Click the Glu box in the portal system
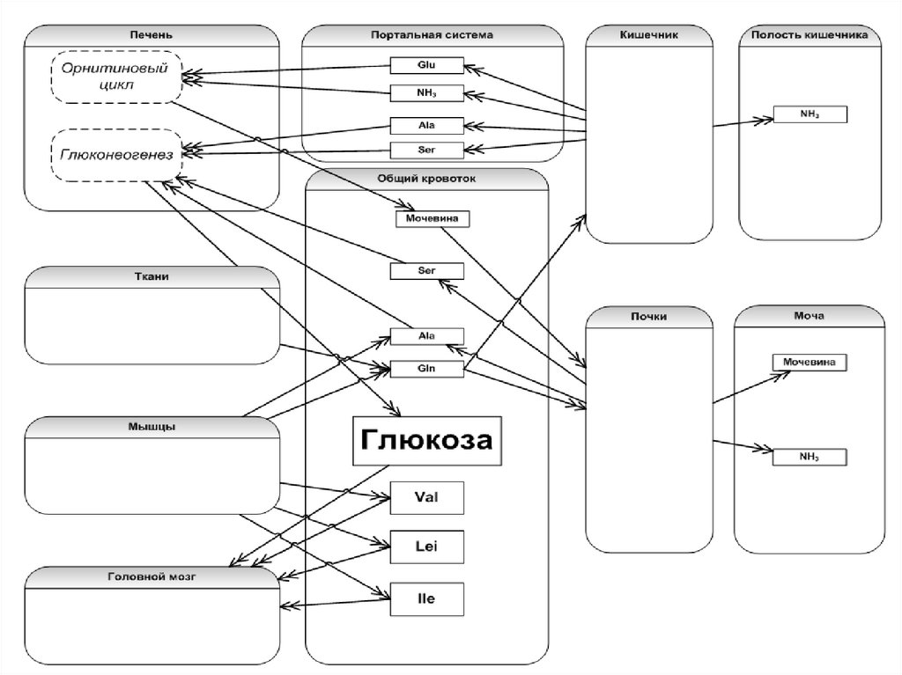pos(427,65)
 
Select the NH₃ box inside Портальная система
pos(427,92)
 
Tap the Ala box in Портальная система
pos(427,125)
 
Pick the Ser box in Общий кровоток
pos(427,271)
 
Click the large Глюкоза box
pos(427,441)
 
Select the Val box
pos(426,498)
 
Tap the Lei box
pos(426,547)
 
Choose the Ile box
pos(426,599)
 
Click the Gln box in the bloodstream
pos(427,369)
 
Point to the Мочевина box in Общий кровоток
pos(432,218)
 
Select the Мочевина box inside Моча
pos(810,361)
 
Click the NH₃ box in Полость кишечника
pos(810,114)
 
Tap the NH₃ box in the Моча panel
pos(810,458)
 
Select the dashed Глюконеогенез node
pos(116,155)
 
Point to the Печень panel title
pos(152,35)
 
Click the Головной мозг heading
pos(152,577)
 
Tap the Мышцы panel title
pos(152,427)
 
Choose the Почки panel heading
pos(649,316)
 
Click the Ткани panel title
pos(152,276)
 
